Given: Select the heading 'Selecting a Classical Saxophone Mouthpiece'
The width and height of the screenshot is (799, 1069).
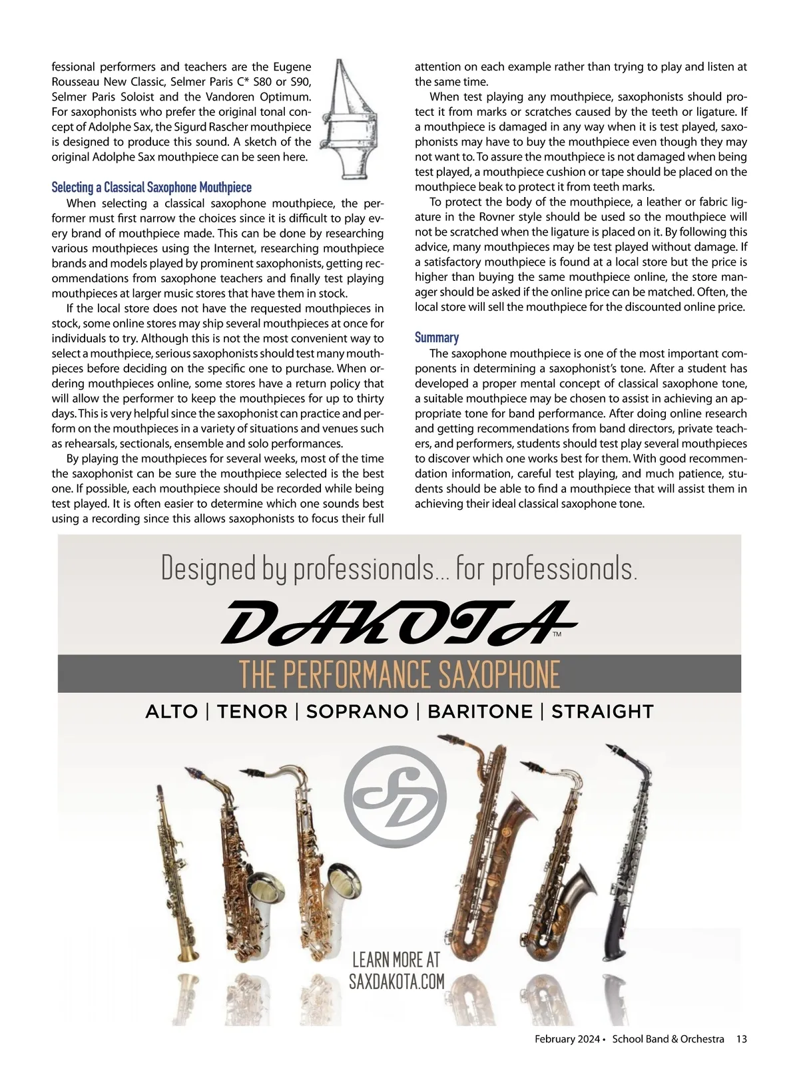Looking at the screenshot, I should [152, 188].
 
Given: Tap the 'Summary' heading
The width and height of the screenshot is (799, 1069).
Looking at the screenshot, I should [437, 337].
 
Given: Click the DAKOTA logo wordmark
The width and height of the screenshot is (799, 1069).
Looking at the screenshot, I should [397, 622].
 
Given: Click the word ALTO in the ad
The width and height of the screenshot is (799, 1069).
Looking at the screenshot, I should [171, 712].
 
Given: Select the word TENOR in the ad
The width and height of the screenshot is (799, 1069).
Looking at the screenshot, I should [252, 712].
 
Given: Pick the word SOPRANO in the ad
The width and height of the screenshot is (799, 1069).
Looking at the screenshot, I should [357, 712].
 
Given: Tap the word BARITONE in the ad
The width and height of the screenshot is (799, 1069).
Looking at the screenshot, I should [480, 712].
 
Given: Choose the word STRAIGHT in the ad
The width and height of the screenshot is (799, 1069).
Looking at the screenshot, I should [603, 712].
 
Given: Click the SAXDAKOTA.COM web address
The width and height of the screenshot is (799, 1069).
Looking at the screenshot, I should [396, 981].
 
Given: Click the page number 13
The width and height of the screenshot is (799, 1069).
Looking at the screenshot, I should [742, 1039].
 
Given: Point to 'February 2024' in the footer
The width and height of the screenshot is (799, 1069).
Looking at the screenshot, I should [565, 1039].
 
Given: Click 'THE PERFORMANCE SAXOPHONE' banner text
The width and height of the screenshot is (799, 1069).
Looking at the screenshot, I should [400, 674].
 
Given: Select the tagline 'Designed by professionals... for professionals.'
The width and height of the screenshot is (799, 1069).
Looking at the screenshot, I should [400, 568].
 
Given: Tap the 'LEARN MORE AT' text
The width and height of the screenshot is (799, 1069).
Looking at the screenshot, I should [396, 959].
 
